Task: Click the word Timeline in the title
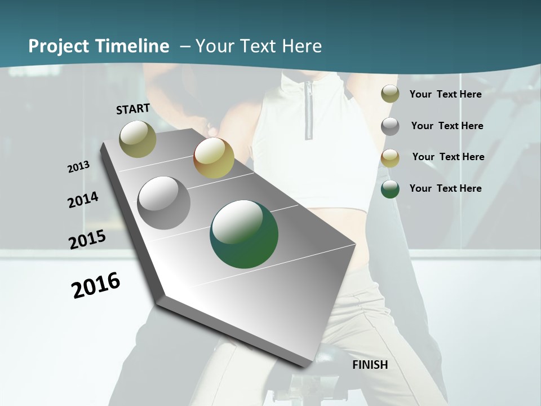pyautogui.click(x=132, y=46)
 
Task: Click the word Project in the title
pyautogui.click(x=59, y=46)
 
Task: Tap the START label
pyautogui.click(x=133, y=109)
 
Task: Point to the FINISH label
pyautogui.click(x=370, y=365)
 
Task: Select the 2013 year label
pyautogui.click(x=79, y=167)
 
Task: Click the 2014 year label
pyautogui.click(x=83, y=200)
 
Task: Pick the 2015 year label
pyautogui.click(x=87, y=239)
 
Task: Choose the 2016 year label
pyautogui.click(x=96, y=285)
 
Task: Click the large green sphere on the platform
pyautogui.click(x=244, y=234)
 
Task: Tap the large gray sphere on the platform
pyautogui.click(x=164, y=203)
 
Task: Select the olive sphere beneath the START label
pyautogui.click(x=138, y=139)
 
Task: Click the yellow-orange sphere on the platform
pyautogui.click(x=214, y=158)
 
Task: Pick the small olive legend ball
pyautogui.click(x=390, y=94)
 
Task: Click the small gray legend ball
pyautogui.click(x=390, y=126)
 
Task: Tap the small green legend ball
pyautogui.click(x=390, y=189)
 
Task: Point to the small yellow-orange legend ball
pyautogui.click(x=390, y=158)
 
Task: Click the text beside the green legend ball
pyautogui.click(x=446, y=188)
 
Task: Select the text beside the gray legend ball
pyautogui.click(x=447, y=126)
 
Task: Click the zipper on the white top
pyautogui.click(x=309, y=111)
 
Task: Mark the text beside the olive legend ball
pyautogui.click(x=446, y=94)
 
